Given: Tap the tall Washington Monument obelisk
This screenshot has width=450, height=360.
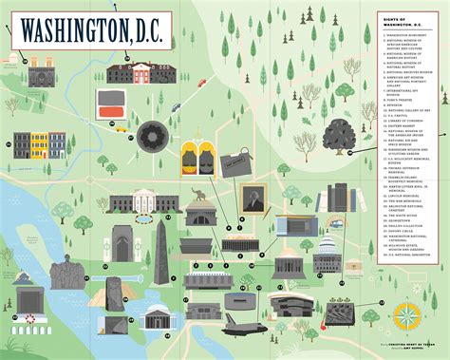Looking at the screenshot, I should click(x=160, y=253).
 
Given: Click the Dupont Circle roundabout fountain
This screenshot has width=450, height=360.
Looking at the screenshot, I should click(x=151, y=139).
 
